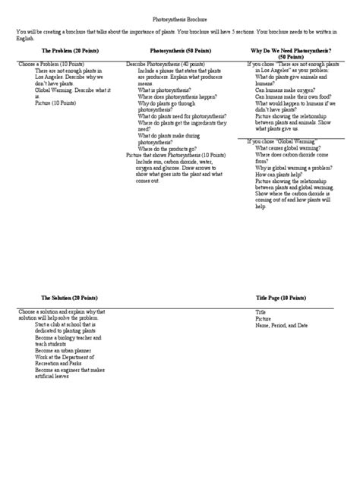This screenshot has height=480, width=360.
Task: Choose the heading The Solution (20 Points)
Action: [58, 298]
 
